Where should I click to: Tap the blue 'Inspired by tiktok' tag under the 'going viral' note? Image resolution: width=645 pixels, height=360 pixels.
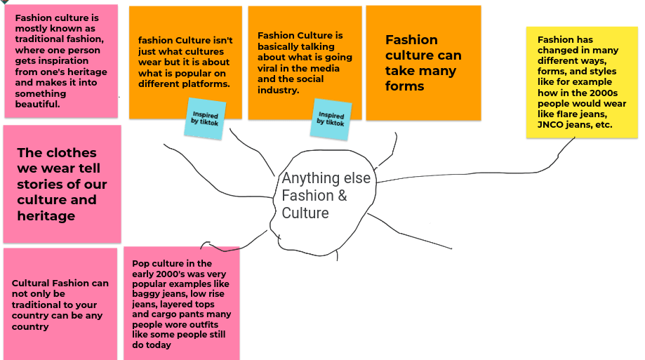331,119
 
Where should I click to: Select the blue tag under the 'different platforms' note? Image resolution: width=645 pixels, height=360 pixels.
205,119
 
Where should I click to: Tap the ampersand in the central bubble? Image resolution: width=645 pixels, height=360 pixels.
342,196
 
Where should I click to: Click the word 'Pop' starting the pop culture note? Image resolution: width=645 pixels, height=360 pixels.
140,263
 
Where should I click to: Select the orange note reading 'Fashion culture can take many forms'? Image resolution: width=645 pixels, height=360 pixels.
423,63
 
